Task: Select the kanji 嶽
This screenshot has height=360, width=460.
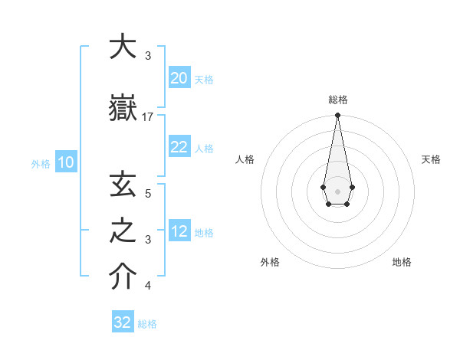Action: coord(122,108)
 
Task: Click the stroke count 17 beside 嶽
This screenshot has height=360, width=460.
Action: coord(148,116)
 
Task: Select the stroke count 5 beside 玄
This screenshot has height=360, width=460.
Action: coord(148,193)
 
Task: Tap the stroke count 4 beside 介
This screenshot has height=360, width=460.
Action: coord(148,286)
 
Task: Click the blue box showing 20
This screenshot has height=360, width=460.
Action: coord(179,77)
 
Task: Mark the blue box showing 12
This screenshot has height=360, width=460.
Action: coord(179,231)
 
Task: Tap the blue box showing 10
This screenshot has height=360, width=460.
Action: coord(65,162)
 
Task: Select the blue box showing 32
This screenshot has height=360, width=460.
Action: coord(123,322)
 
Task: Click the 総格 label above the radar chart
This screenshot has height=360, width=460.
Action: coord(338,100)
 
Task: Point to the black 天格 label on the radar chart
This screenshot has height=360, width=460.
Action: coord(432,159)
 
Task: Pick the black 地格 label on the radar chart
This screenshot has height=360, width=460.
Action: coord(402,262)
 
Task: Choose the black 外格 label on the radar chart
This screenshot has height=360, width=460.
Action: coord(270,262)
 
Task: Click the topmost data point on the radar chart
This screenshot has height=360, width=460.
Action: coord(337,116)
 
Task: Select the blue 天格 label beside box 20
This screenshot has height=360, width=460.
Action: coord(204,80)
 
